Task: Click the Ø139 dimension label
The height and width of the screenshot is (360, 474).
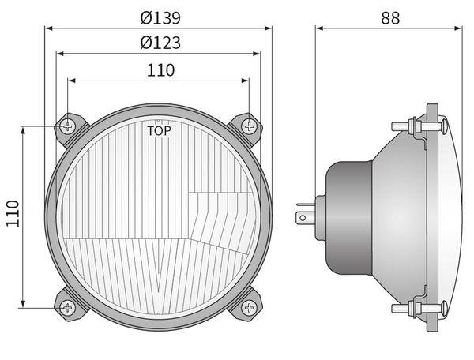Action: coord(160,18)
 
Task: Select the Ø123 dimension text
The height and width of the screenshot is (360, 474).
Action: coord(160,43)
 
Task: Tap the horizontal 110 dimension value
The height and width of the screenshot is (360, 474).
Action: coord(161,70)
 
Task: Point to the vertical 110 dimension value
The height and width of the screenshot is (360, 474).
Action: coord(13,213)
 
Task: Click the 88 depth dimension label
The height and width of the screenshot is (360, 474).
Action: coord(390,18)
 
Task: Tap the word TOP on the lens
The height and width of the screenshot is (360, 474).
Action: coord(159,131)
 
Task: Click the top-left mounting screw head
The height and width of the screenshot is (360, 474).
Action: coord(67,126)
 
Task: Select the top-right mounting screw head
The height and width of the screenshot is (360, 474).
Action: coord(249,126)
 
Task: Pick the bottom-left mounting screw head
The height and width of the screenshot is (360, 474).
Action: coord(67,308)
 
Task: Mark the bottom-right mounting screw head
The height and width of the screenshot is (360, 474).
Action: coord(249,308)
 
